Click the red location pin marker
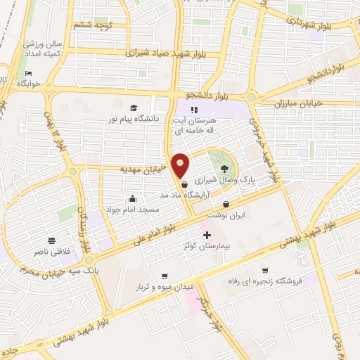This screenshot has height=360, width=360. pyautogui.click(x=181, y=166)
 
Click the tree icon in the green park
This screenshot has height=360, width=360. pyautogui.click(x=224, y=169)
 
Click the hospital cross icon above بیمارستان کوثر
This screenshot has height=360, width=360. pyautogui.click(x=206, y=235)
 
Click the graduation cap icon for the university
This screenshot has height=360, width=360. pyautogui.click(x=134, y=108)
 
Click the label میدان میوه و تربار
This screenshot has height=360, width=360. pyautogui.click(x=165, y=287)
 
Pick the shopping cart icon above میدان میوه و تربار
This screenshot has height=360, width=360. pyautogui.click(x=165, y=276)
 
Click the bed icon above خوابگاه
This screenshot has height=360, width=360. pyautogui.click(x=28, y=74)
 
